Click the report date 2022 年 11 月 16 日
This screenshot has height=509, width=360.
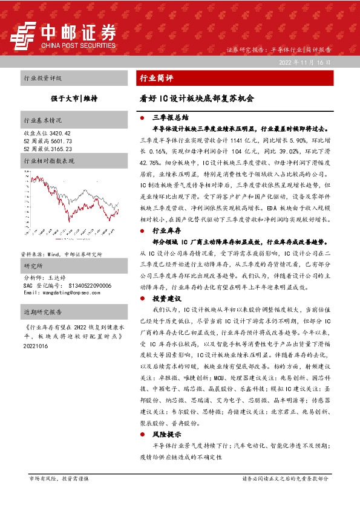point(305,63)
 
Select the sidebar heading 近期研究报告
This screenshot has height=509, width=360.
point(42,312)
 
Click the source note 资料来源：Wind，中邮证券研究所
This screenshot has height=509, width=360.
point(61,238)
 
